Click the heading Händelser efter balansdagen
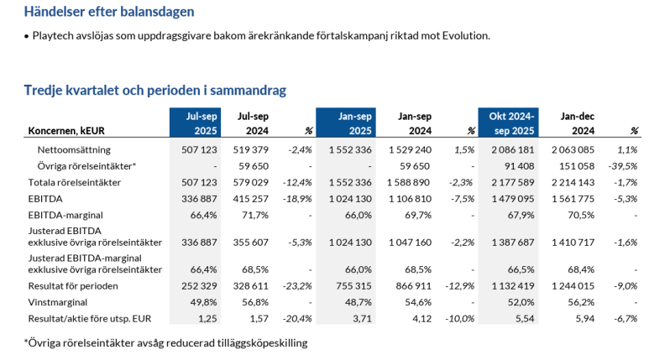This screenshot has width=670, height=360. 109,13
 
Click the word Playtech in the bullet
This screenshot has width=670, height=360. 54,36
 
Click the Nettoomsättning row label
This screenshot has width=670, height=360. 75,149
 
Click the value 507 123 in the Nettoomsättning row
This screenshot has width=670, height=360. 200,149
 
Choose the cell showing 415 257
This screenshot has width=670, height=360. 250,199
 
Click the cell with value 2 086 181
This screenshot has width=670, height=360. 510,149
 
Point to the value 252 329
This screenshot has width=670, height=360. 200,286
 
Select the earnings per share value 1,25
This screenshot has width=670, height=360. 208,319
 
